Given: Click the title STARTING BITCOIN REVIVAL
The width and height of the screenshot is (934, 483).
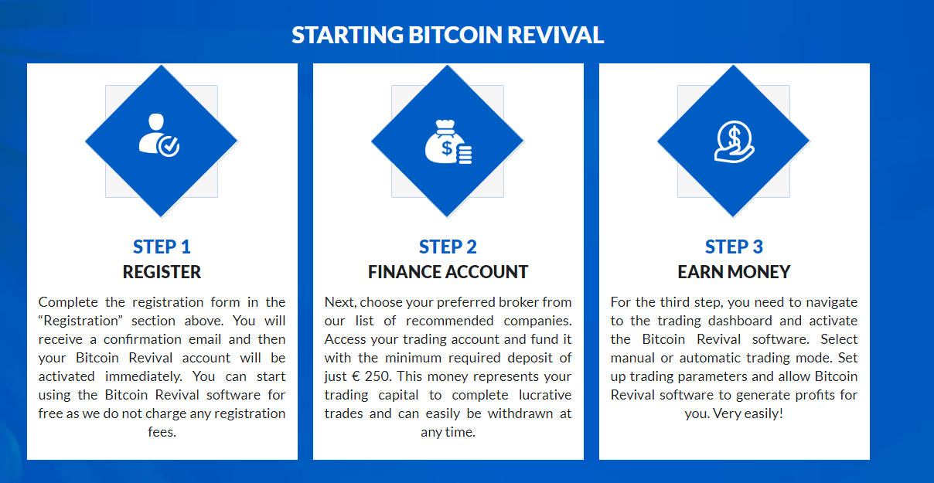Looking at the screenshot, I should pos(448,35).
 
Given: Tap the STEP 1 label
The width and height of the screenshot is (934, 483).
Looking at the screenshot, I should pos(162,247).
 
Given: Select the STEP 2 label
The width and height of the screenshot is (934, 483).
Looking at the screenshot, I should pos(448,247).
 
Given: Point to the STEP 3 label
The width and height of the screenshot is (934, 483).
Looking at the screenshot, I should pos(734,247).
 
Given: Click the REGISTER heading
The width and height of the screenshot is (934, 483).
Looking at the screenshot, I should pos(162,272).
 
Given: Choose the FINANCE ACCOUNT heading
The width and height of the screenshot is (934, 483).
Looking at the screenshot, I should pos(448,272).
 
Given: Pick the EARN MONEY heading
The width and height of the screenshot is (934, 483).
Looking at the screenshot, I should pos(734,272).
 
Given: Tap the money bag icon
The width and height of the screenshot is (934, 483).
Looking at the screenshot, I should pos(448,141).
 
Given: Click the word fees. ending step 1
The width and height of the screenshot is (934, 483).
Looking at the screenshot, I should pos(162,432).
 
